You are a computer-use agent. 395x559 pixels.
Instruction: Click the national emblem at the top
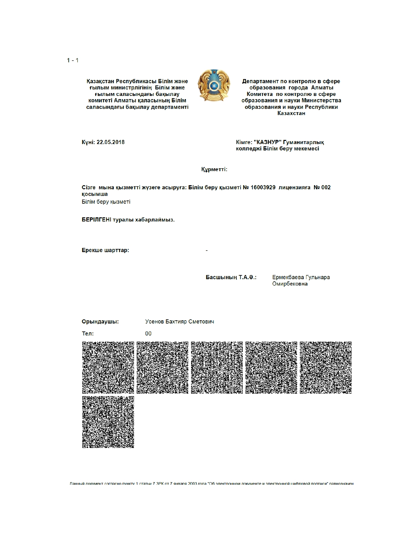[214, 85]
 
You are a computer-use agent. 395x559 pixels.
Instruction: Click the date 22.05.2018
[111, 142]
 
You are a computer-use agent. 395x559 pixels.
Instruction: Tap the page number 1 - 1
[73, 60]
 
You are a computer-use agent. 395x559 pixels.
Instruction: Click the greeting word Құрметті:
[214, 169]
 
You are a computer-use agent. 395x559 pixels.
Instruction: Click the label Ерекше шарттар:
[105, 250]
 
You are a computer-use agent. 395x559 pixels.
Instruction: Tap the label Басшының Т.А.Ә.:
[231, 277]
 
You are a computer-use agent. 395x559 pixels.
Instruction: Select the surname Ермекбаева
[288, 277]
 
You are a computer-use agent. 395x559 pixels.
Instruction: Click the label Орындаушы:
[100, 322]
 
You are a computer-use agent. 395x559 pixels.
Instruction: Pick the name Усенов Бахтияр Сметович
[180, 322]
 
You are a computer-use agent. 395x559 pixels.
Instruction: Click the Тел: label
[88, 334]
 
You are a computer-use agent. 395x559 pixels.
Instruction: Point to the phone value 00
[148, 334]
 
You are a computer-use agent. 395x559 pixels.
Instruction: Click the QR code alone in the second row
[108, 422]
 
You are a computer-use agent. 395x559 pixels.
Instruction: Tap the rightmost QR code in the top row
[326, 367]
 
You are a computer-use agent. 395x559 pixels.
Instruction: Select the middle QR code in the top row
[217, 367]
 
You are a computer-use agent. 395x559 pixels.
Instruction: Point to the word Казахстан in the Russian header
[291, 113]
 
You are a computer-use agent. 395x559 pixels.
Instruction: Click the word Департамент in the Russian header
[260, 81]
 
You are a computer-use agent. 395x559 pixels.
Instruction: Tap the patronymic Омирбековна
[290, 284]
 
